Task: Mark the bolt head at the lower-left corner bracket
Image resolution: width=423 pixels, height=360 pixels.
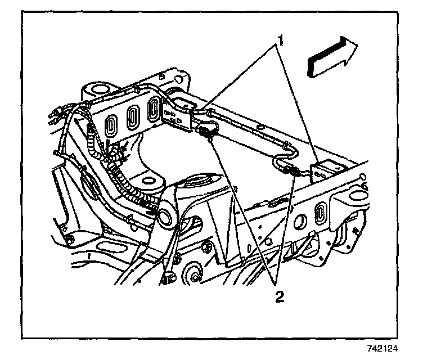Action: pos(69,241)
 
